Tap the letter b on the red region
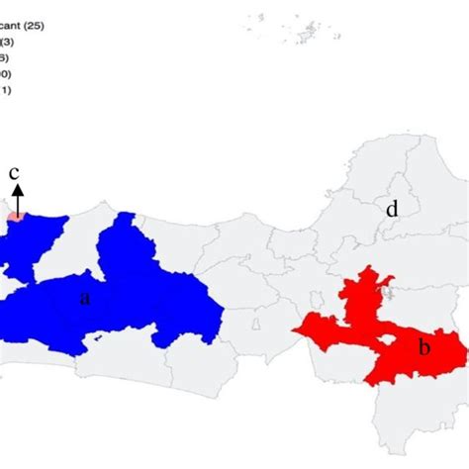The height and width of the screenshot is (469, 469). pos(423,346)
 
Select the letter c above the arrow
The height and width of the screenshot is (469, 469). pos(15,174)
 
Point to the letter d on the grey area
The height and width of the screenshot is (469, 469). pos(392,209)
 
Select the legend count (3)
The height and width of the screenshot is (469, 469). pos(7,41)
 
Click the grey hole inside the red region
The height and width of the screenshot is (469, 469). pos(393,339)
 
